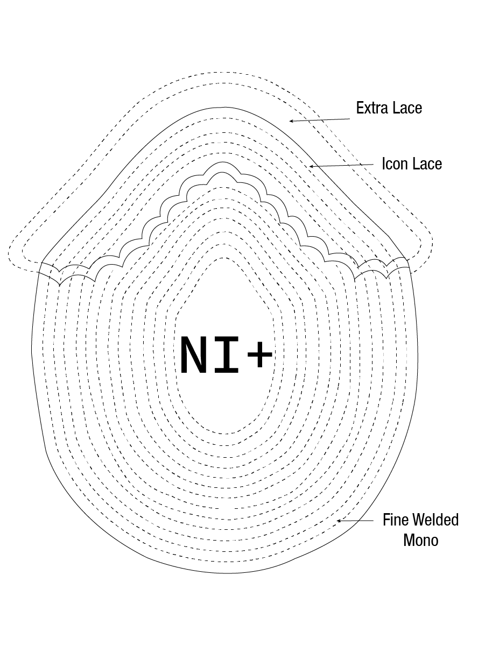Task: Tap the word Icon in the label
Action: (x=393, y=164)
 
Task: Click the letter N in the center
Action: (x=193, y=354)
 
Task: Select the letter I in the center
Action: (x=226, y=354)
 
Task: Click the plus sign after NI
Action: (x=260, y=354)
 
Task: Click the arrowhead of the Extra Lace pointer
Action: (x=291, y=121)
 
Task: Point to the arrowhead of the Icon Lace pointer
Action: (x=311, y=166)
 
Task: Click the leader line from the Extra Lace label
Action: (x=320, y=120)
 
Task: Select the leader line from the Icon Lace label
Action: (x=341, y=165)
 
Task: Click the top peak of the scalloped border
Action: (x=222, y=162)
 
